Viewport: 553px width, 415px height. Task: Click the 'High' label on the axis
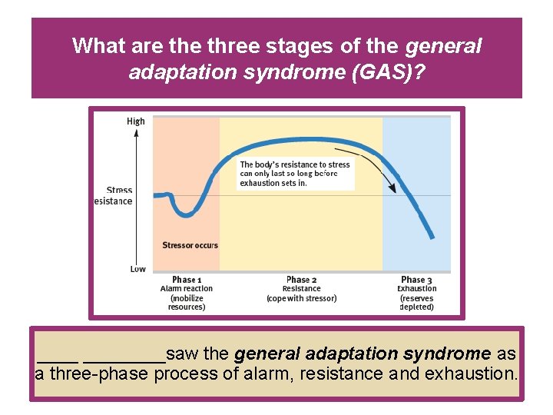tap(135, 121)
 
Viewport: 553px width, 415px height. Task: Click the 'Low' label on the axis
tap(137, 269)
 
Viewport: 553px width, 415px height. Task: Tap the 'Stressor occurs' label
tap(190, 245)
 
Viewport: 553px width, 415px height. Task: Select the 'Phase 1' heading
tap(187, 280)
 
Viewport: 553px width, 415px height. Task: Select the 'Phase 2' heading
tap(301, 280)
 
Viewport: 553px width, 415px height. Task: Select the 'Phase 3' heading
tap(416, 280)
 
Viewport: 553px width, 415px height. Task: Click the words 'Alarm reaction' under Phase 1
tap(187, 289)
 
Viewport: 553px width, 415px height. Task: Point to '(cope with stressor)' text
tap(301, 298)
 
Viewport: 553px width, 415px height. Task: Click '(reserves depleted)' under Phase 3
tap(416, 302)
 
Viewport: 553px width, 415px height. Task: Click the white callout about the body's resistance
tap(296, 174)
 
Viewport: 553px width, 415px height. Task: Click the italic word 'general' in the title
tap(443, 46)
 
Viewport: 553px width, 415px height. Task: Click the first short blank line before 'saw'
tap(58, 359)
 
